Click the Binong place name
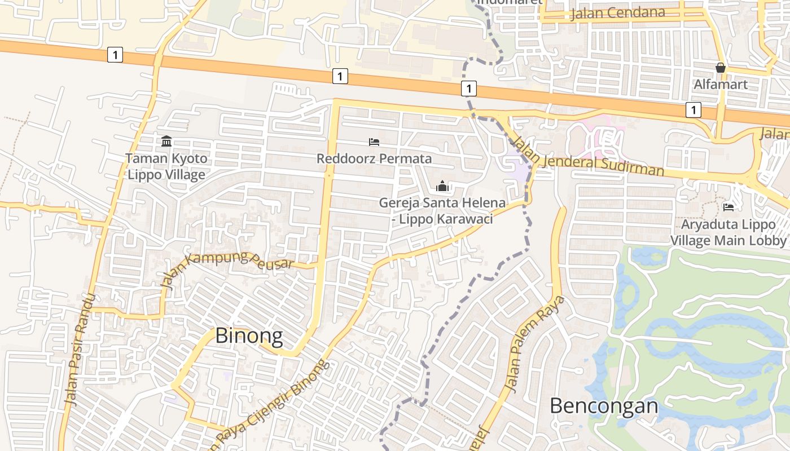[x=249, y=336]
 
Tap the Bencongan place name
[x=604, y=405]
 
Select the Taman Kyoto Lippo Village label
[x=166, y=166]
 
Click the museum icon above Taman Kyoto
[x=166, y=141]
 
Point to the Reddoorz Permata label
[x=374, y=158]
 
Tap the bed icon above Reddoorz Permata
[x=374, y=142]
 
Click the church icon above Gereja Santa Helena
[x=442, y=186]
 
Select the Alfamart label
[x=721, y=85]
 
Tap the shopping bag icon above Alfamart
[x=721, y=68]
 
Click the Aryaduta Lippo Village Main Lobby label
[x=728, y=232]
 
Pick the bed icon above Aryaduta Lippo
[x=728, y=207]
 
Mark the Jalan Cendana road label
[x=617, y=13]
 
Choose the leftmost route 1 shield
[x=115, y=55]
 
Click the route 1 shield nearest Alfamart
[x=694, y=109]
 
